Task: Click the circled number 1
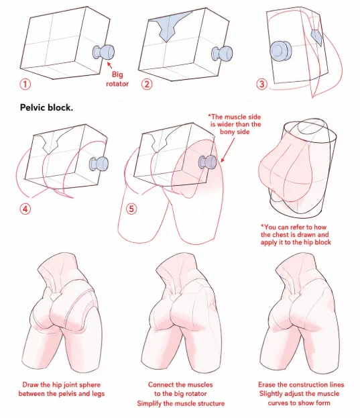25,85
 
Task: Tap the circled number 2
147,85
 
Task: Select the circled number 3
261,84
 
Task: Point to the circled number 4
25,209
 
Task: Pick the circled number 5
131,209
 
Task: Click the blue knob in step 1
104,52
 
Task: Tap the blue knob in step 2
222,53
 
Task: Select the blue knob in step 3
280,51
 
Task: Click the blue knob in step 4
99,164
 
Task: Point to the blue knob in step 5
207,162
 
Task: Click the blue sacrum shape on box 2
169,26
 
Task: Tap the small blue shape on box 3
317,37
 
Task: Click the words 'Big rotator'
117,79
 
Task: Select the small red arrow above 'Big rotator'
110,65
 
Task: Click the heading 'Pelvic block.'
46,107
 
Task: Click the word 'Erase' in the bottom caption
267,384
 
